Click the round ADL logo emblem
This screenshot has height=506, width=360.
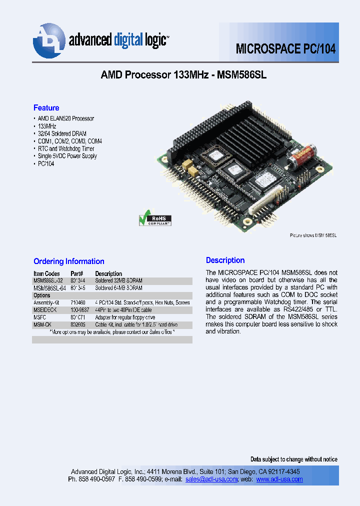pyautogui.click(x=49, y=40)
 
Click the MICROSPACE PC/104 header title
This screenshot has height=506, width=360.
pyautogui.click(x=285, y=49)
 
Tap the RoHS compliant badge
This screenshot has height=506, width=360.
pyautogui.click(x=155, y=220)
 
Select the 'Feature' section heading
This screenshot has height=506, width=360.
pyautogui.click(x=46, y=108)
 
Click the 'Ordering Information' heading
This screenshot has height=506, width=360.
pyautogui.click(x=68, y=261)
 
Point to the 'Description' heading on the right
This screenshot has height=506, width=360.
pyautogui.click(x=225, y=260)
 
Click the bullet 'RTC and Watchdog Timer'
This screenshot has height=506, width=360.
pyautogui.click(x=66, y=148)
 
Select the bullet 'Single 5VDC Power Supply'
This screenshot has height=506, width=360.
pyautogui.click(x=67, y=156)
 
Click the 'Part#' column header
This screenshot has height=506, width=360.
pyautogui.click(x=76, y=273)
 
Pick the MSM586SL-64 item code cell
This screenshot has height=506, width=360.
pyautogui.click(x=49, y=288)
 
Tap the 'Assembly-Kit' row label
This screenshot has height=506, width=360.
pyautogui.click(x=47, y=302)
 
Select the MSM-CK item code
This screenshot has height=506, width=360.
pyautogui.click(x=43, y=324)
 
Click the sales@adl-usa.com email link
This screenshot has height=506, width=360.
pyautogui.click(x=211, y=479)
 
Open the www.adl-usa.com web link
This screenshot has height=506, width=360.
pyautogui.click(x=279, y=479)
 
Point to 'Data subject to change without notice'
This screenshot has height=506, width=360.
pyautogui.click(x=293, y=459)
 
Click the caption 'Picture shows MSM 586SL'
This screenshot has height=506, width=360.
pyautogui.click(x=313, y=235)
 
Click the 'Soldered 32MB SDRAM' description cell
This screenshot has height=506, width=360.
pyautogui.click(x=119, y=281)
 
